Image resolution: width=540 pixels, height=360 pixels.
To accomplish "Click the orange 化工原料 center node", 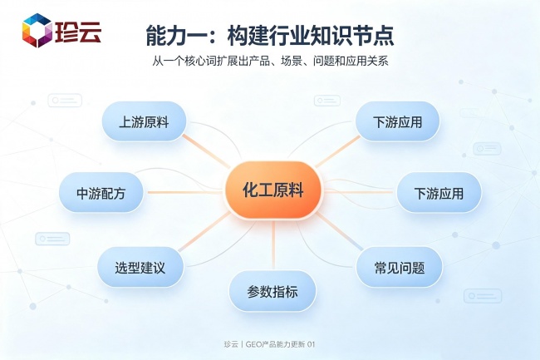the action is (x=273, y=190).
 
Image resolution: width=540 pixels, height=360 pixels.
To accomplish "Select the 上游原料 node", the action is (x=144, y=121).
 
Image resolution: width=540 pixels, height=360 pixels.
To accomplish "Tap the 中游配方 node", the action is (x=101, y=192).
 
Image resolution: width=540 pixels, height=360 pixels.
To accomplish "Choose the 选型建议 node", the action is (x=140, y=267).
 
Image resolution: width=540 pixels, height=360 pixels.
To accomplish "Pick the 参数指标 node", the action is (x=272, y=291).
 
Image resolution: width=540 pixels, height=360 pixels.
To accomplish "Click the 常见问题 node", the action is (x=399, y=267).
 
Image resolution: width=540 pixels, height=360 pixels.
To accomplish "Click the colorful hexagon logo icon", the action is (x=37, y=30).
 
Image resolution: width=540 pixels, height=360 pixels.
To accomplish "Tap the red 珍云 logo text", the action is (x=78, y=32).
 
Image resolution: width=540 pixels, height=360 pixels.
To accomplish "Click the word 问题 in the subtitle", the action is (x=324, y=62).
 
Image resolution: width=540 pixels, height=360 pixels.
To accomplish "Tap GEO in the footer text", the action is (x=253, y=344).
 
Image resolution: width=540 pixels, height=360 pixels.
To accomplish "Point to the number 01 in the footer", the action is (x=311, y=344).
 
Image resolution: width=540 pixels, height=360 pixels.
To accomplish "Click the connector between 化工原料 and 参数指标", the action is (x=273, y=244).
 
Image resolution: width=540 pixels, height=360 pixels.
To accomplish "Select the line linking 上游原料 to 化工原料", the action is (x=207, y=151).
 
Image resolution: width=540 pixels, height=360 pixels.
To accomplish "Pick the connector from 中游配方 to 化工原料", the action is (x=184, y=192).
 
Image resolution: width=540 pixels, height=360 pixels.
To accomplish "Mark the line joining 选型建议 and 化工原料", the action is (x=204, y=231).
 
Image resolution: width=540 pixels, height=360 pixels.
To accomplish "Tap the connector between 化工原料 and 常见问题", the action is (x=340, y=231).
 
